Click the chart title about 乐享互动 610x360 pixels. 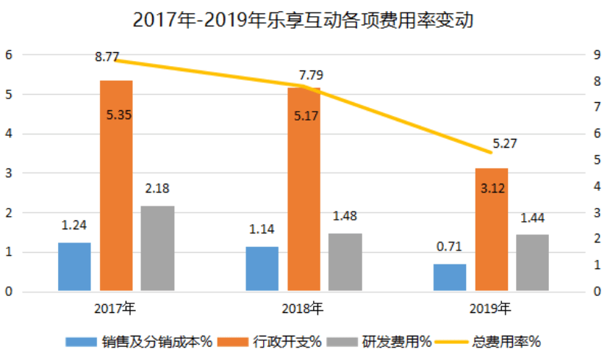pyautogui.click(x=303, y=20)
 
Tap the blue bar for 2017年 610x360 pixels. pyautogui.click(x=74, y=267)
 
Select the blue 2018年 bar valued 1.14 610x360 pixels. pyautogui.click(x=262, y=269)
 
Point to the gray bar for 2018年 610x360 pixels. pyautogui.click(x=345, y=262)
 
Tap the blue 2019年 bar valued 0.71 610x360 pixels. pyautogui.click(x=450, y=278)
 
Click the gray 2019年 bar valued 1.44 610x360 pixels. pyautogui.click(x=532, y=263)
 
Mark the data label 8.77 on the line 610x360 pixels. pyautogui.click(x=107, y=56)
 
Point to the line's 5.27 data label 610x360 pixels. pyautogui.click(x=505, y=144)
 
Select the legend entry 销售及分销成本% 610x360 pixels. pyautogui.click(x=139, y=341)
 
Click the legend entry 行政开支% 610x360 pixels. pyautogui.click(x=276, y=341)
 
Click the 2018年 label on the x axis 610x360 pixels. pyautogui.click(x=303, y=306)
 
